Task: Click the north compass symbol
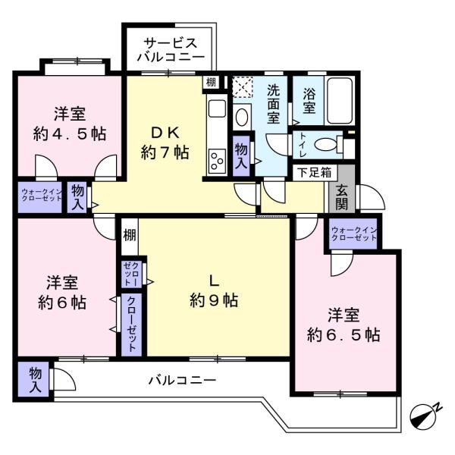(x=424, y=416)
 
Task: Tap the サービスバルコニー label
(x=171, y=50)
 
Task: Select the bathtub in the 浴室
(x=340, y=101)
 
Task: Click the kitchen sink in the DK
(x=217, y=108)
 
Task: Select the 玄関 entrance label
(x=341, y=196)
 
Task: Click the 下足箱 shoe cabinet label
(x=315, y=173)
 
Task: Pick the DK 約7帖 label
(x=165, y=143)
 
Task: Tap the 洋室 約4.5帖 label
(x=70, y=124)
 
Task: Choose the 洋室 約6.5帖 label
(x=344, y=325)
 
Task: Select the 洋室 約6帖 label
(x=62, y=292)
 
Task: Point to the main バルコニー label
(x=182, y=380)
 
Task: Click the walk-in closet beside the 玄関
(x=353, y=234)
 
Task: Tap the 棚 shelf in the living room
(x=130, y=235)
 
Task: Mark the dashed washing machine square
(x=243, y=86)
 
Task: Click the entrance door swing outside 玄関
(x=372, y=196)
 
